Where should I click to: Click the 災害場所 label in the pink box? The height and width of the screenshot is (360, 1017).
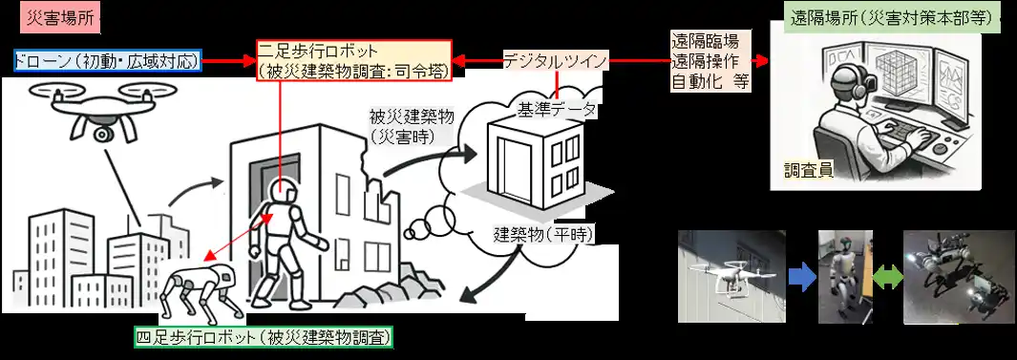click(x=56, y=18)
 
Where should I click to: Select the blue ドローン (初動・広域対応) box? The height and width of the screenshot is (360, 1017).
click(x=109, y=61)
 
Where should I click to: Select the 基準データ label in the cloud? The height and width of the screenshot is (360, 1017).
click(x=556, y=110)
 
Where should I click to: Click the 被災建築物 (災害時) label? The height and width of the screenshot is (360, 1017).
click(x=412, y=125)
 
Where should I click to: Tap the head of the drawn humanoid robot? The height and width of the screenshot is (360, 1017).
click(x=282, y=192)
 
